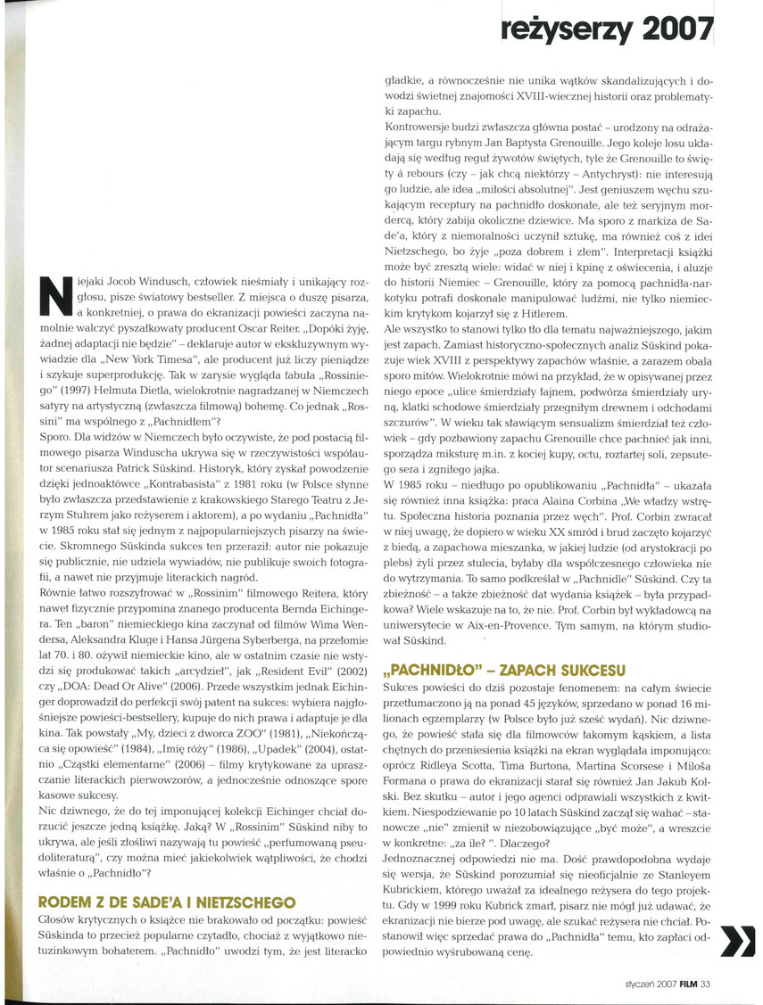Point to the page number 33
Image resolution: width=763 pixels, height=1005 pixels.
click(706, 984)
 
